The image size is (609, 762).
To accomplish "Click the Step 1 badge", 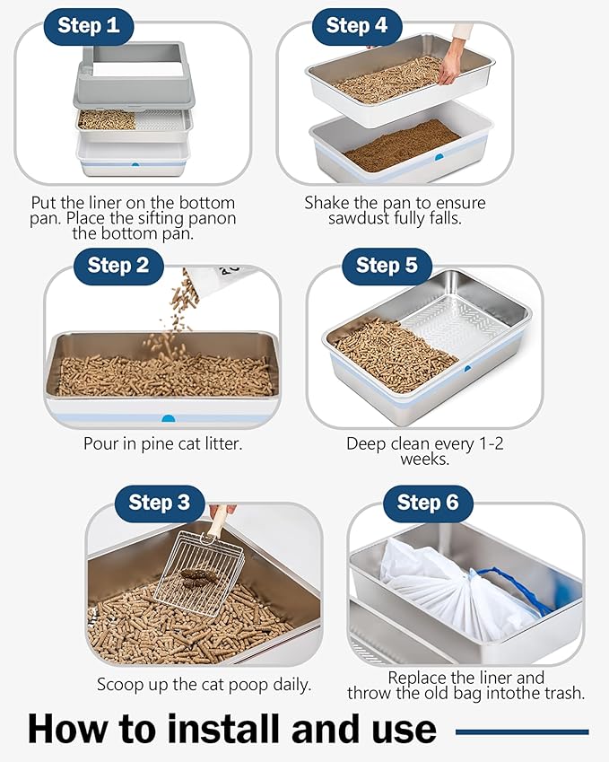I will click(88, 25).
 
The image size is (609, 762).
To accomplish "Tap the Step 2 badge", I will click(118, 265).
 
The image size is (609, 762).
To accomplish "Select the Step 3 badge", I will click(159, 503).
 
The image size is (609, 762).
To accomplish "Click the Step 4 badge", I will click(356, 25).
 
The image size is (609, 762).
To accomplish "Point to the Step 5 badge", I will click(387, 265).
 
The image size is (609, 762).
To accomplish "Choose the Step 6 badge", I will click(428, 503).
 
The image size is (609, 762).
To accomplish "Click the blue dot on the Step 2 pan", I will click(167, 417).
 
